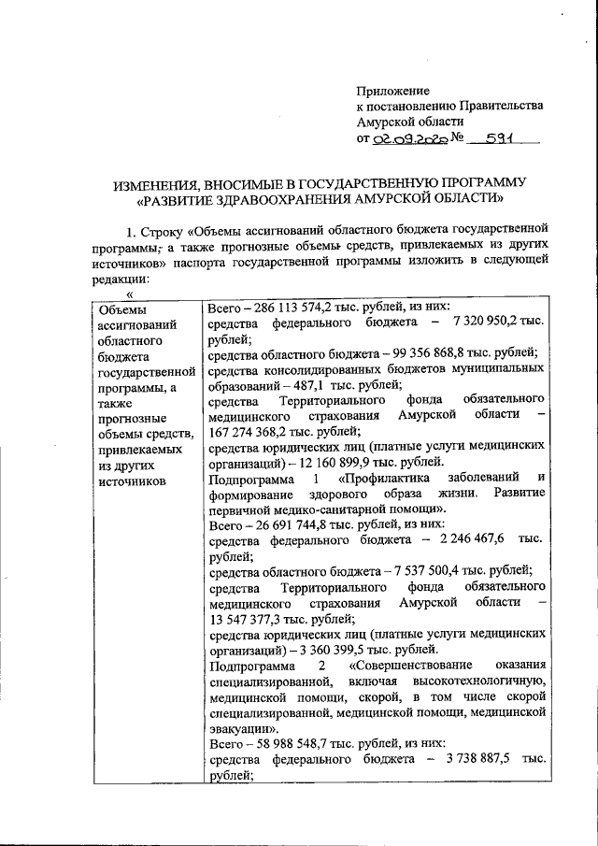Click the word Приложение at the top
393,91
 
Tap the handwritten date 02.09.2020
407,139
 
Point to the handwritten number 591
494,138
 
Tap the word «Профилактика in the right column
392,480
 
